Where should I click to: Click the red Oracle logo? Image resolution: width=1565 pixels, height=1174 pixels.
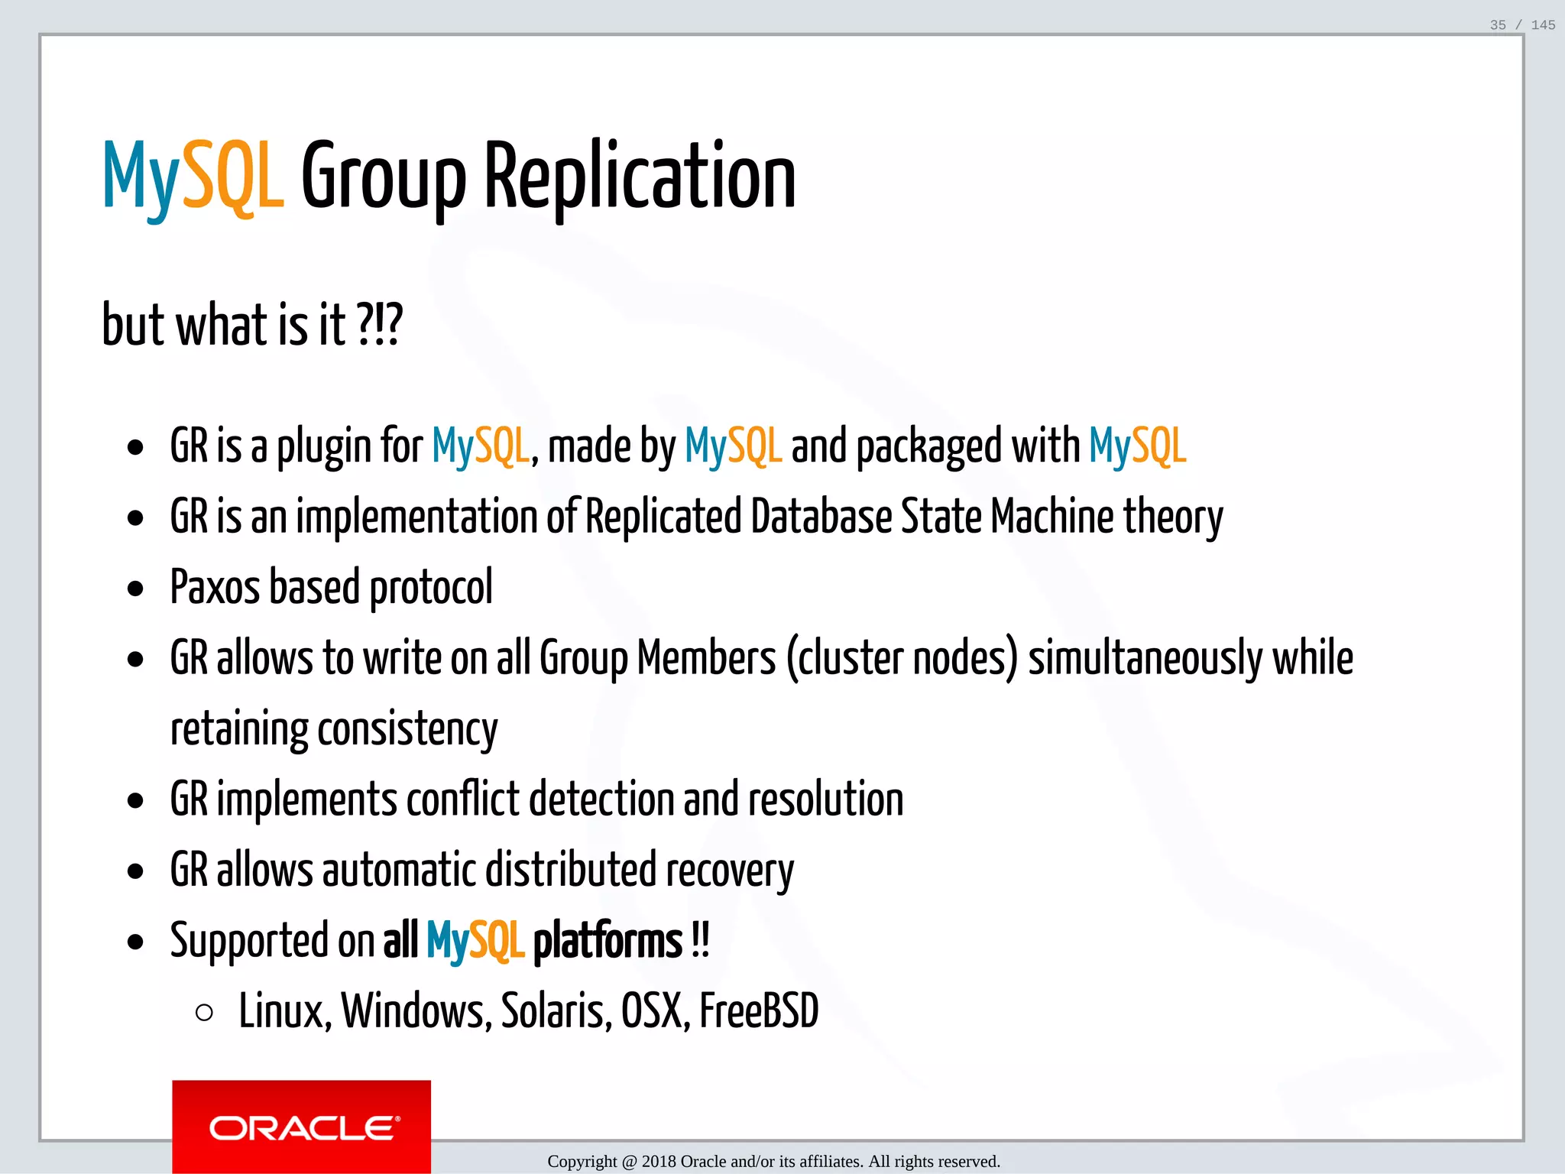[301, 1126]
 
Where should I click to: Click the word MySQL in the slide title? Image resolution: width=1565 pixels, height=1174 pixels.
[193, 177]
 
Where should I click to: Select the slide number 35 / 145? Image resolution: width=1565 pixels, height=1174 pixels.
[1522, 25]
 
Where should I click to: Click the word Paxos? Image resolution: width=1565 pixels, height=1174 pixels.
[215, 587]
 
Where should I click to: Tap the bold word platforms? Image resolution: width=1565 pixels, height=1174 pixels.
[608, 941]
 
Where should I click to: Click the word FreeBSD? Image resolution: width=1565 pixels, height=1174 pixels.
[759, 1011]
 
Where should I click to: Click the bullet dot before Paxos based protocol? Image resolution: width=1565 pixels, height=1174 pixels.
[136, 589]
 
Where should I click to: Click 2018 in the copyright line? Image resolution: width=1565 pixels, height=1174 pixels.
[659, 1162]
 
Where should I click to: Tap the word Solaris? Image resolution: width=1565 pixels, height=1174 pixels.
[556, 1011]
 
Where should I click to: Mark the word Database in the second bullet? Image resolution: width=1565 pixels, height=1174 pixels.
[821, 517]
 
